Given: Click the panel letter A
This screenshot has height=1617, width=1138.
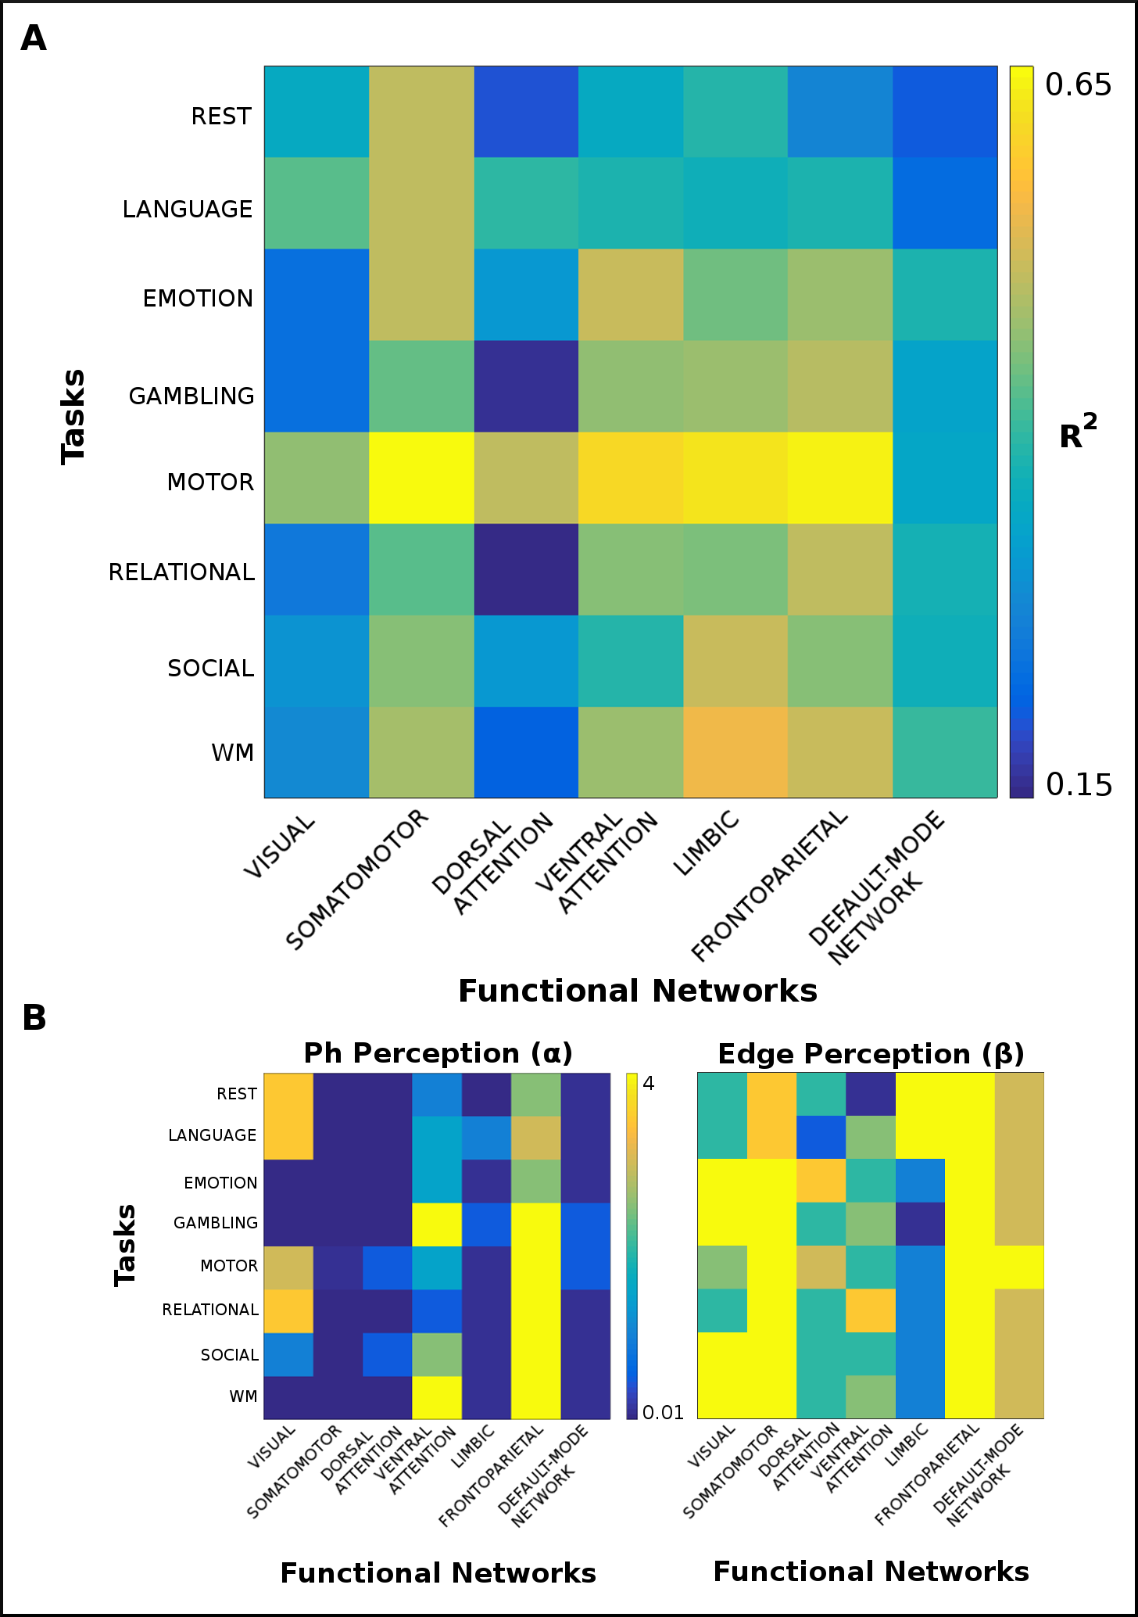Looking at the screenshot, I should (x=34, y=38).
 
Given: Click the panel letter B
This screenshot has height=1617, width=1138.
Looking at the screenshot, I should (x=34, y=1018).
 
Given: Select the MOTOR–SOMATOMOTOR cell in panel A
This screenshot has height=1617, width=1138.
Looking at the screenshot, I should (x=421, y=478).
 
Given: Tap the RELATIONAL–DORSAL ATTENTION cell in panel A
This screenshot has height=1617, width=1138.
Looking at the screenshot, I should (x=526, y=569).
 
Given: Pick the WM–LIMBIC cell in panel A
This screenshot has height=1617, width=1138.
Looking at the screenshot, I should (x=735, y=752).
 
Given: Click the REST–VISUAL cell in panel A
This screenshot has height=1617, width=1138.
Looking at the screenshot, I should (x=317, y=112).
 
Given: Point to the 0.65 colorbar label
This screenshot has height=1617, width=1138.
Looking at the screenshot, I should (x=1078, y=84).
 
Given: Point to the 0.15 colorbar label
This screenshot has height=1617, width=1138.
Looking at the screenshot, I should (x=1079, y=784).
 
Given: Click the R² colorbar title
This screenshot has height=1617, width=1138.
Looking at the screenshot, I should (x=1078, y=434).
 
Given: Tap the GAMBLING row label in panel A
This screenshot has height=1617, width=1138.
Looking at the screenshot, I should (x=191, y=396).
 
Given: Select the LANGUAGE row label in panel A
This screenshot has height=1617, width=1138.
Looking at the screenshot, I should (x=188, y=210).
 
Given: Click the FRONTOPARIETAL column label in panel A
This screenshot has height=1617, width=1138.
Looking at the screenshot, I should (x=770, y=886).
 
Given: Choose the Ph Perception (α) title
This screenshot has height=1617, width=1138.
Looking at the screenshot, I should (x=438, y=1053).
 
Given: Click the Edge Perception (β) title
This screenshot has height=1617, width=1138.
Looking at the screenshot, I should (x=871, y=1054).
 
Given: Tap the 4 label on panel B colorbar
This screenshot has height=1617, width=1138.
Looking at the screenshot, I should (x=648, y=1083).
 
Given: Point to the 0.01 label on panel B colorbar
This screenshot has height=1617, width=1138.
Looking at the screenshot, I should (x=663, y=1413).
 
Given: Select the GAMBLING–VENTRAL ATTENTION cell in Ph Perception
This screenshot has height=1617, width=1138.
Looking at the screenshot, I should (x=437, y=1224).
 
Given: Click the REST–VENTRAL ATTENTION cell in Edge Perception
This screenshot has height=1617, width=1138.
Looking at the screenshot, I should (x=871, y=1094).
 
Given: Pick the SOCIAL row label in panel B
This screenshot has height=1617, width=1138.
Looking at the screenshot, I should (x=229, y=1355).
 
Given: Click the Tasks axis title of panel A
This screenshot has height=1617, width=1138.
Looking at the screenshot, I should (x=73, y=417).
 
